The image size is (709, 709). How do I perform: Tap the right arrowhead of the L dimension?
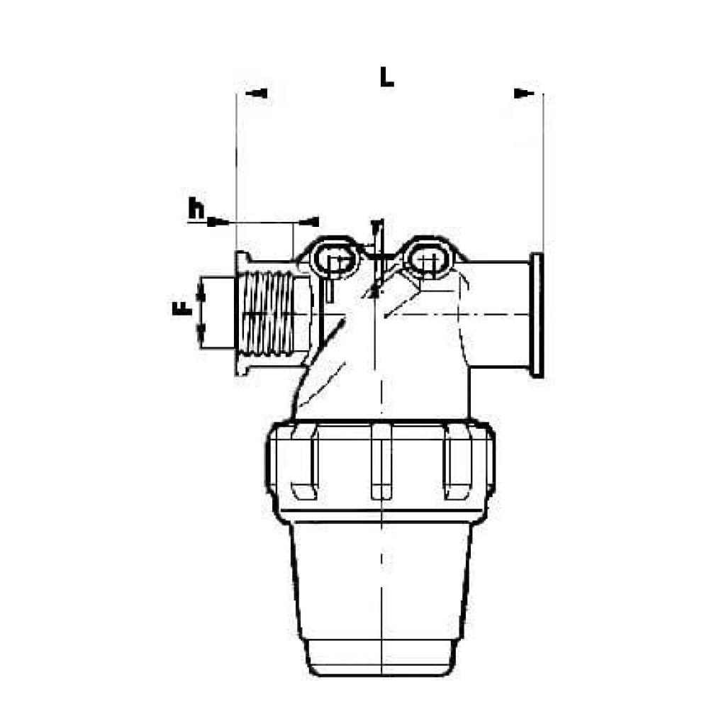[524, 93]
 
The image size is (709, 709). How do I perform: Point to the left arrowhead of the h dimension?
[217, 222]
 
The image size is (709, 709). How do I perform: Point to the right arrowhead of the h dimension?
[311, 222]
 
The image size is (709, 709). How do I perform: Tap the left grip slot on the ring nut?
[303, 468]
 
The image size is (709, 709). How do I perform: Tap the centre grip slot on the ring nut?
[381, 468]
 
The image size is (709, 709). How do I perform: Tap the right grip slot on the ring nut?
[457, 468]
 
